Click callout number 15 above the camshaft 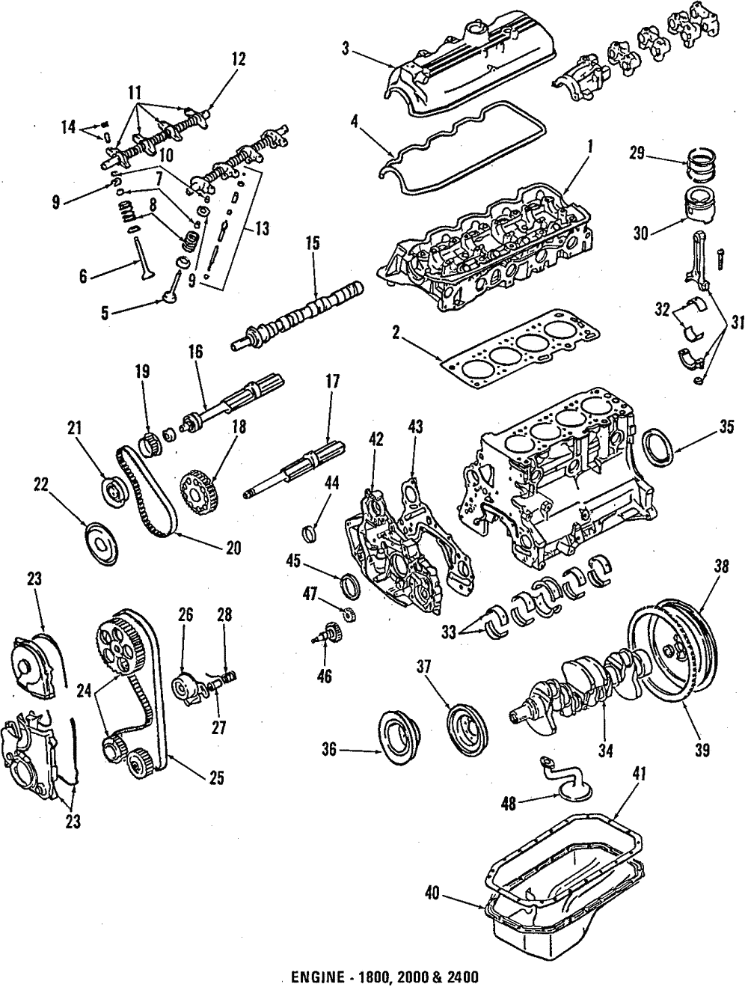[312, 243]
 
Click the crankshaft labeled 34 [583, 681]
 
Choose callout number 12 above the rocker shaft [238, 58]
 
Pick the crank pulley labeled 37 [465, 724]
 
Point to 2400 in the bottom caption [462, 977]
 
